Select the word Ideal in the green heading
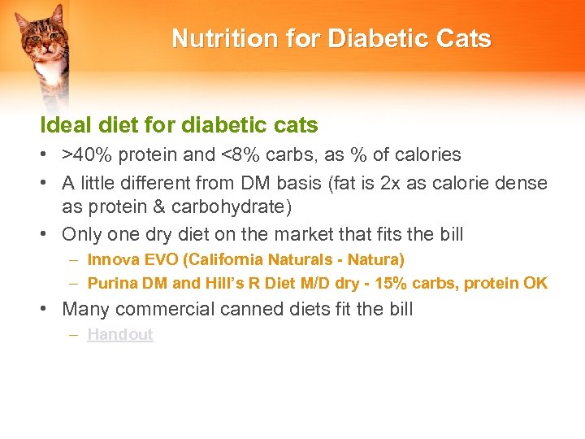[64, 125]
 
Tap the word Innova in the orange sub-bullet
[113, 260]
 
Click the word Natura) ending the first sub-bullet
[376, 260]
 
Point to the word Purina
[113, 284]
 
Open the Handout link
[120, 334]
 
